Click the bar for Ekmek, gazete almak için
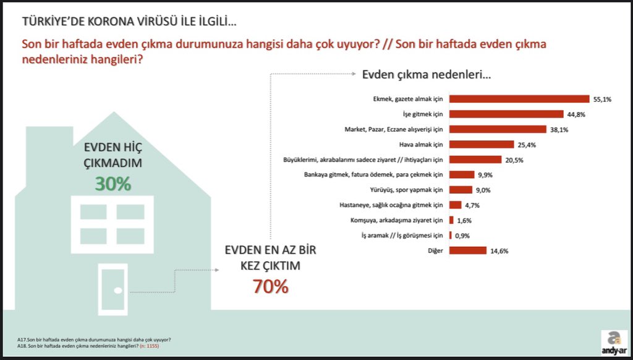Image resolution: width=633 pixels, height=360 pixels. pos(519,99)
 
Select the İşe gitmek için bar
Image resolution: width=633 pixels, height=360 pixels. pos(506,114)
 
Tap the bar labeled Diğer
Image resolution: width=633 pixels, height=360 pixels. pos(468,251)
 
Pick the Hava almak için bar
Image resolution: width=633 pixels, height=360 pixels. pos(482,145)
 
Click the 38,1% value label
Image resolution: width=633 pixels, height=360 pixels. pos(559,130)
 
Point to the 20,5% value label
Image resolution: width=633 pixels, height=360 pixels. pos(514,160)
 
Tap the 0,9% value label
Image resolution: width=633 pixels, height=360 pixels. pos(462,236)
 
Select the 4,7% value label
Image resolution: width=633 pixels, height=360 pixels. pos(472,205)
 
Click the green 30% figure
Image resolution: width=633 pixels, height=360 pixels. pos(113,184)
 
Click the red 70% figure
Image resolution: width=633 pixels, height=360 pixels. pos(271,286)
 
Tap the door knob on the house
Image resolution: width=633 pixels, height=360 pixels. pos(118,291)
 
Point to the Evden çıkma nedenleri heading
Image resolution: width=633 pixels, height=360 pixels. pos(427,75)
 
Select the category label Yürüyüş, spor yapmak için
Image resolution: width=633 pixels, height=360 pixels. pos(407,190)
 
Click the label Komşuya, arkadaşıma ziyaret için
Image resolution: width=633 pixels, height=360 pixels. pos(397,221)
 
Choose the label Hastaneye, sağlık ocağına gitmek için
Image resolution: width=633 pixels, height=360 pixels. pos(391,205)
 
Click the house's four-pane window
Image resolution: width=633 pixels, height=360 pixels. pos(113,225)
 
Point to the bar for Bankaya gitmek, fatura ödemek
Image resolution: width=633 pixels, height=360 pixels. pos(462,175)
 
